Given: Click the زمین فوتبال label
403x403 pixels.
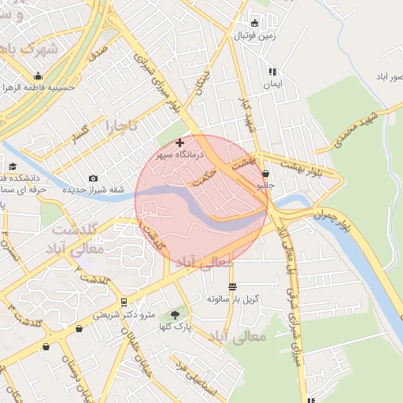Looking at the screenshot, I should (254, 36).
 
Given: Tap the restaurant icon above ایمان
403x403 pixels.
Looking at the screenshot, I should (272, 71).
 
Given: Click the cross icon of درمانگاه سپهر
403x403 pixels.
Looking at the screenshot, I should (180, 142).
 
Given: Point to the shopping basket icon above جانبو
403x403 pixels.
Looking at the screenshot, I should (265, 174).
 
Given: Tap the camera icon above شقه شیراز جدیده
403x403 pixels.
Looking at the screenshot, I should (94, 179).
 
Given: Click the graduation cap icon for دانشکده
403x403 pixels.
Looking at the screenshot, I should (13, 166).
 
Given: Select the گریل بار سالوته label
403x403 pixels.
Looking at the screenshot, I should (233, 300).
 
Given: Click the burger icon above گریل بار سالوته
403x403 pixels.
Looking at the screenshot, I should (231, 287).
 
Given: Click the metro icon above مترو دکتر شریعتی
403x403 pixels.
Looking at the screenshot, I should (124, 302).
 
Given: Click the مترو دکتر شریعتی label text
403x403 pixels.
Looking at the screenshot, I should (118, 315).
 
